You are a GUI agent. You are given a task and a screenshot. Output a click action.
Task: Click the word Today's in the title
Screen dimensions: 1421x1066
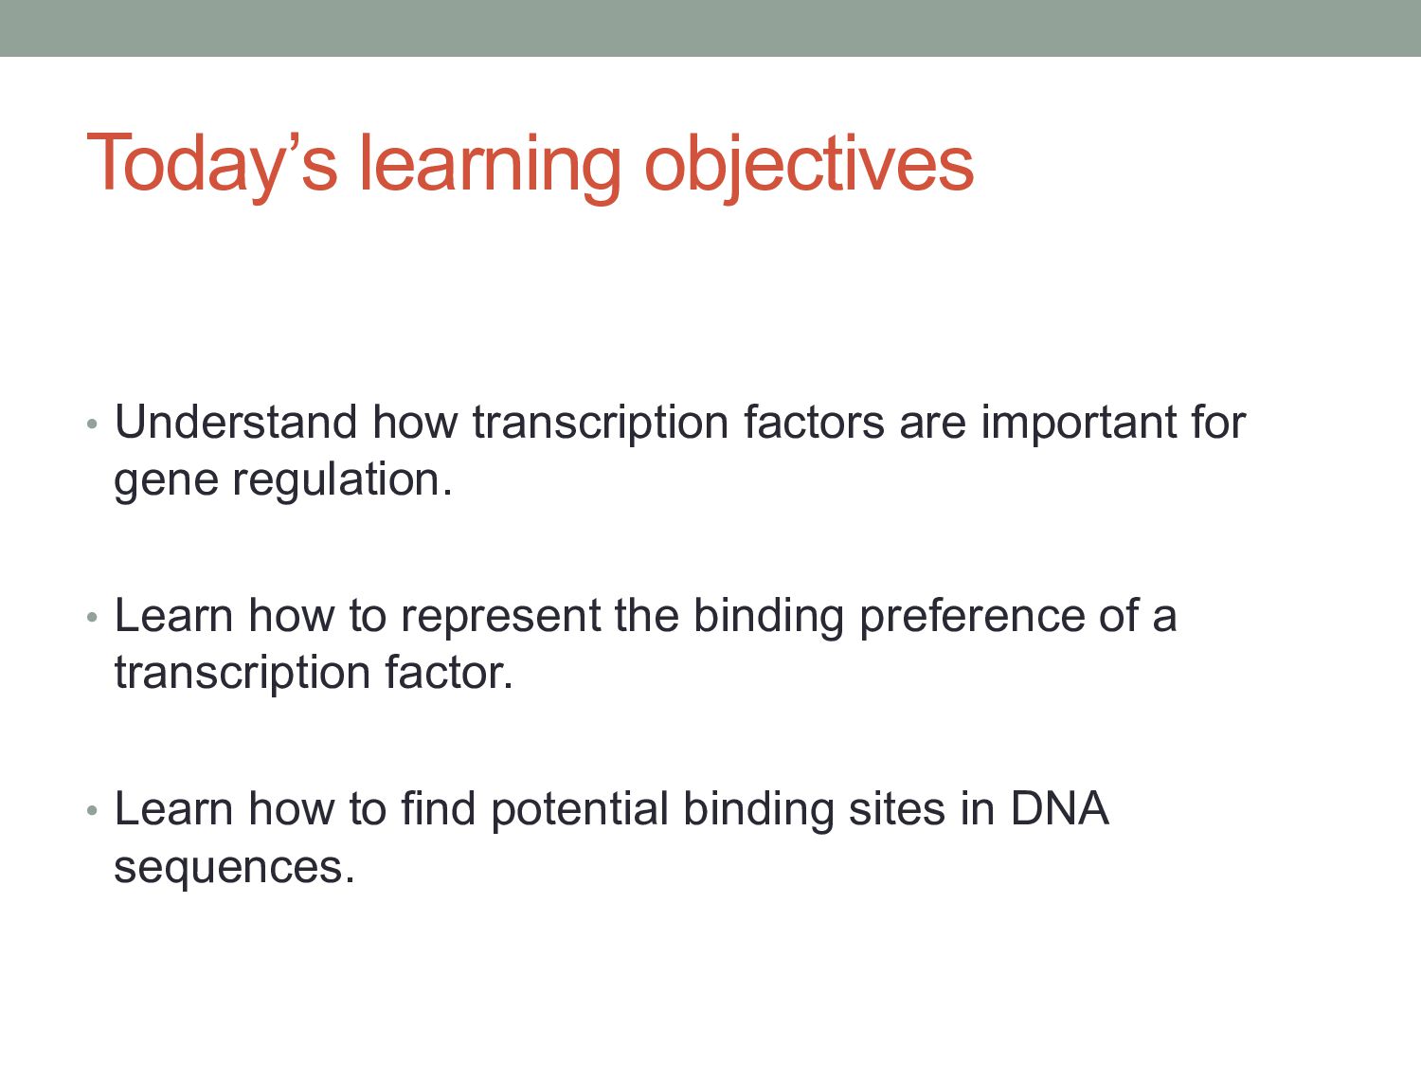coord(211,163)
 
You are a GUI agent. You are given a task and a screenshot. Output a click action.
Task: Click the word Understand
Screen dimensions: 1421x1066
coord(236,423)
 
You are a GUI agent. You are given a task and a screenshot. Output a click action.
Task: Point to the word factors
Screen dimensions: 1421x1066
coord(814,423)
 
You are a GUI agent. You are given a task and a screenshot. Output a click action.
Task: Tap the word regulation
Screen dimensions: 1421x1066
coord(342,480)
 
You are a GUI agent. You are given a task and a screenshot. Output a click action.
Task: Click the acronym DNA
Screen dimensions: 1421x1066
coord(1060,808)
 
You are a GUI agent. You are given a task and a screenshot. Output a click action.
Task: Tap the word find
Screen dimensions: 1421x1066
coord(439,808)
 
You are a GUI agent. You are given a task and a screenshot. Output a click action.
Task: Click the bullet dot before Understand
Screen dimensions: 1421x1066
coord(92,425)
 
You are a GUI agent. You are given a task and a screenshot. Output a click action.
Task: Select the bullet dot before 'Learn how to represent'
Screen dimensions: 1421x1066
coord(92,618)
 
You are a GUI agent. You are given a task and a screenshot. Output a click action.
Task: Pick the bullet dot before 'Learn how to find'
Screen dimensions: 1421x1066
coord(92,810)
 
